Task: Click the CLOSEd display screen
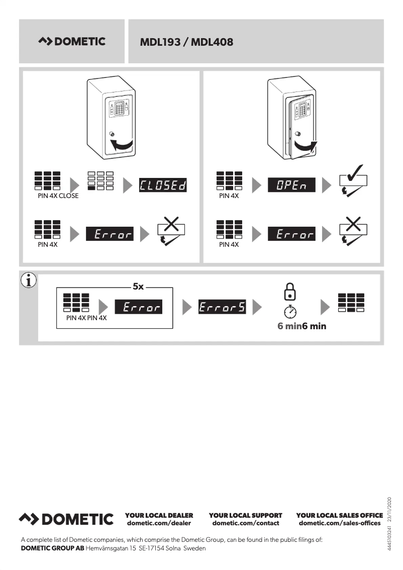coord(163,185)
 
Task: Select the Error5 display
coord(222,307)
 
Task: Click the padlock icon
coord(290,291)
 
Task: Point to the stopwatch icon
coord(290,312)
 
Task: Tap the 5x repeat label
coord(138,287)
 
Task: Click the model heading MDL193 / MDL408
coord(186,42)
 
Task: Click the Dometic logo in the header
coord(72,42)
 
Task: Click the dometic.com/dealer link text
coord(159,523)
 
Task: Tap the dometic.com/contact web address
coord(245,523)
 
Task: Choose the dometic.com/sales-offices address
coord(340,523)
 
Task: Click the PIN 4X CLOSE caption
coord(58,196)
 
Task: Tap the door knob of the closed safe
coord(112,135)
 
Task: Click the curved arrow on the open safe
coord(305,146)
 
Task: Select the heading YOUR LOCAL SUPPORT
coord(245,515)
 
